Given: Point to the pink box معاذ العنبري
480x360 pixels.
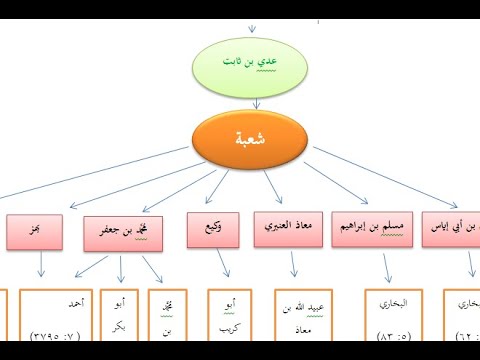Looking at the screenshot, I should pos(290,229).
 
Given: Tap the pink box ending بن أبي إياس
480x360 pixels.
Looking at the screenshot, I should pos(455,229).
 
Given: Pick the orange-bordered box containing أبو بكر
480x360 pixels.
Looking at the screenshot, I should pos(122,321).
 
